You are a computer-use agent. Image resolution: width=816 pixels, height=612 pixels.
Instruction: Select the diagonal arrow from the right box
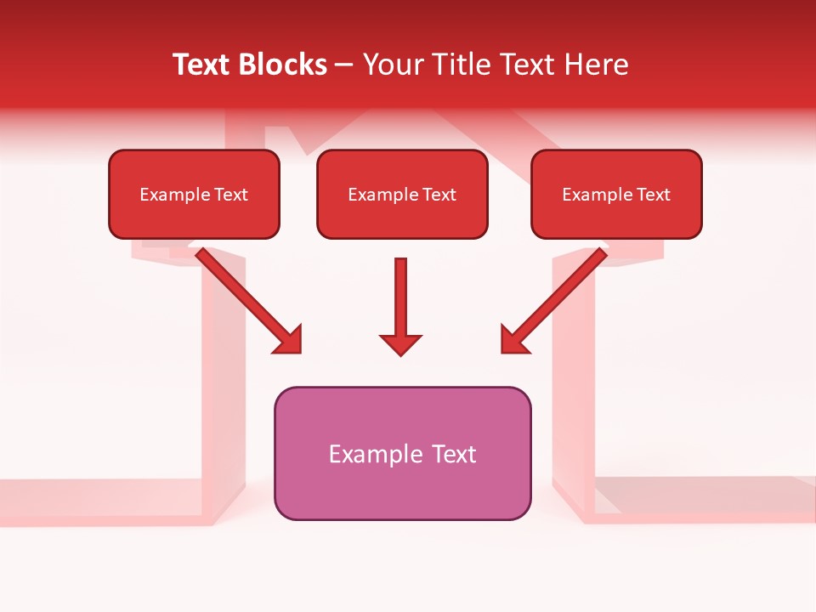click(557, 297)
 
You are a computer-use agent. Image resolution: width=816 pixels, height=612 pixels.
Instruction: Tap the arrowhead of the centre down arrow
click(400, 343)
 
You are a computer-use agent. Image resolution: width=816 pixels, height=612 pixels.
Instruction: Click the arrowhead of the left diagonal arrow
click(289, 340)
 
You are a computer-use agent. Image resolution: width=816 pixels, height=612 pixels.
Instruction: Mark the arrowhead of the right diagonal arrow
click(513, 340)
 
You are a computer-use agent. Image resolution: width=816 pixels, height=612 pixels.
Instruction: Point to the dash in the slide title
click(344, 65)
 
